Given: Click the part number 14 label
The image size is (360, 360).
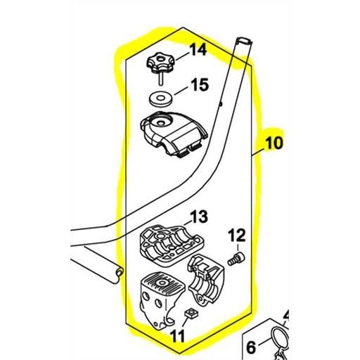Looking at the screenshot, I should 198,50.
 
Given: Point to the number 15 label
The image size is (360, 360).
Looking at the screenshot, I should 199,86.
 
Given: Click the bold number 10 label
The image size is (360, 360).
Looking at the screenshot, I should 275,145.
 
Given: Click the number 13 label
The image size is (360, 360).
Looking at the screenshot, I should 199,215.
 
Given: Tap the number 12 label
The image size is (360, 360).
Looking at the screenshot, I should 238,235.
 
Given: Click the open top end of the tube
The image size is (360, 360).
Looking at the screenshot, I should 243,41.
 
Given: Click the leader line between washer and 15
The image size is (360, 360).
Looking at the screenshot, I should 181,90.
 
